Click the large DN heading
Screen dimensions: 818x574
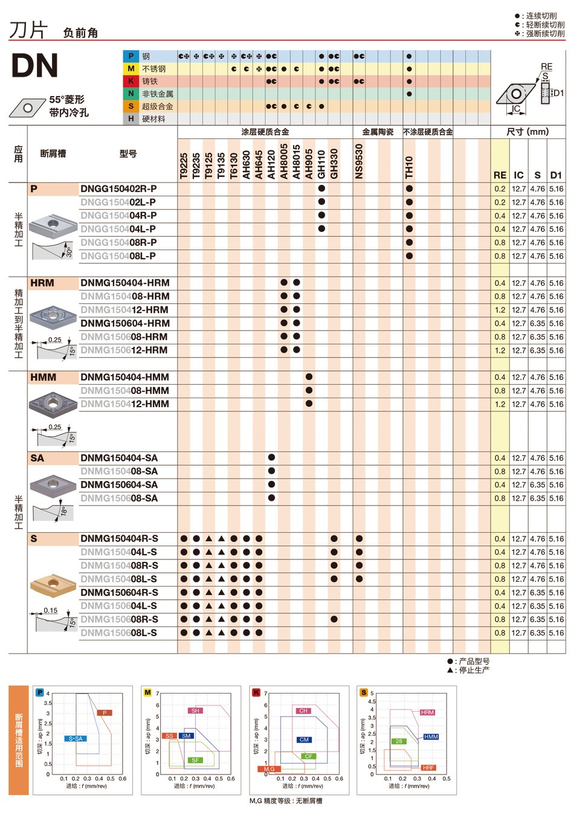coord(34,66)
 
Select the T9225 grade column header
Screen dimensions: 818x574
coord(184,166)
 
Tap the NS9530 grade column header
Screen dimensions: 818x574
coord(359,161)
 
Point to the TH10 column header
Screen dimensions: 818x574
coord(409,167)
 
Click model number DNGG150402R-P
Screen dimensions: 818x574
coord(118,189)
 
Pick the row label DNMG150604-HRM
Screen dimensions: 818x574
coord(125,323)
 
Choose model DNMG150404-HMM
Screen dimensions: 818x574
coord(124,377)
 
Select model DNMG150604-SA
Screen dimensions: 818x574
coord(119,485)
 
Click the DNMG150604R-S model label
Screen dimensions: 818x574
coord(119,593)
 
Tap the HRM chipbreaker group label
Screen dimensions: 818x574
coord(42,283)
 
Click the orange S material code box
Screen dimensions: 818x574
coord(131,106)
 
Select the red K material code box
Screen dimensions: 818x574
coord(131,81)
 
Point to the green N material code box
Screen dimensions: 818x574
coord(131,94)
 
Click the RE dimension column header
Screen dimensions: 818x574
coord(500,175)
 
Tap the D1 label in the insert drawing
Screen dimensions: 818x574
coord(558,93)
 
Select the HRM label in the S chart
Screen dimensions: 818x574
coord(427,712)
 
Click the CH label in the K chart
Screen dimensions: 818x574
coord(303,711)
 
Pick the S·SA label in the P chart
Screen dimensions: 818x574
coord(76,738)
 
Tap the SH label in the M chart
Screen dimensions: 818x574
coord(195,711)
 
